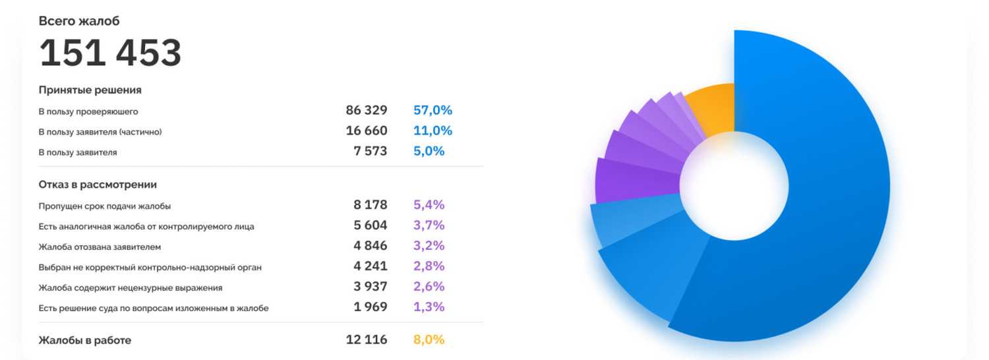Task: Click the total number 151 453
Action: click(x=110, y=53)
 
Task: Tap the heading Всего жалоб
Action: click(x=79, y=21)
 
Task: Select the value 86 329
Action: click(x=367, y=110)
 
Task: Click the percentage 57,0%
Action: click(x=433, y=110)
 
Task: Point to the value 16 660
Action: click(x=367, y=131)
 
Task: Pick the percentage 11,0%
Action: click(x=433, y=131)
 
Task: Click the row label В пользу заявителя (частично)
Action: click(x=100, y=132)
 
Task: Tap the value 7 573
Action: click(x=371, y=151)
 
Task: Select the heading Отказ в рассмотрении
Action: click(x=98, y=185)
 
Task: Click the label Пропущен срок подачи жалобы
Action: click(x=105, y=206)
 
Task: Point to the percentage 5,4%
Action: click(x=429, y=205)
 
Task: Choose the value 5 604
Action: click(x=371, y=225)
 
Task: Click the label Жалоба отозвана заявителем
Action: click(x=100, y=247)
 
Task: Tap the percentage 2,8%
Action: click(x=429, y=266)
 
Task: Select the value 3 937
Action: click(x=371, y=287)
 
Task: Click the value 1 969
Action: click(x=371, y=307)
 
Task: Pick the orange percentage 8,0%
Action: click(x=429, y=340)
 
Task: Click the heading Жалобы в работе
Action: click(x=85, y=340)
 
